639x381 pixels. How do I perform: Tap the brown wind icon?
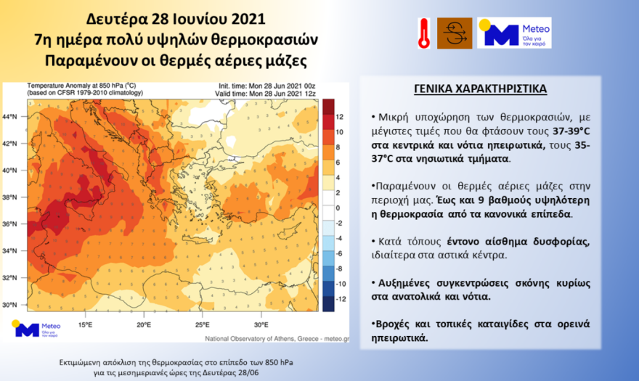tap(455, 33)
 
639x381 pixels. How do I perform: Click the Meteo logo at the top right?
tap(514, 33)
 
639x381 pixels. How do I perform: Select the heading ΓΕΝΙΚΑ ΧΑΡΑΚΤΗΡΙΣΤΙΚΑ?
tap(480, 89)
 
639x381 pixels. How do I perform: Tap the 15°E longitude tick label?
tap(85, 324)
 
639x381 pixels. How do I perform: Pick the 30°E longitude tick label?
tap(261, 324)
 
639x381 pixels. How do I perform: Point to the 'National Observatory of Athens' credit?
tap(251, 339)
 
